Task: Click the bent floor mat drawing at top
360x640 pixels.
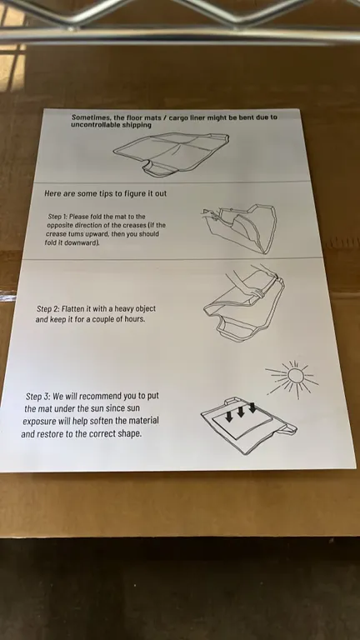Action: point(171,154)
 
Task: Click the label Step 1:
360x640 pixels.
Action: point(57,217)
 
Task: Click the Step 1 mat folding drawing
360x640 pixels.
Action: point(240,228)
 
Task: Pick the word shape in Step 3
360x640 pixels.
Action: point(130,433)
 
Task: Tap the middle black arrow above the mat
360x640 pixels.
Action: point(240,411)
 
